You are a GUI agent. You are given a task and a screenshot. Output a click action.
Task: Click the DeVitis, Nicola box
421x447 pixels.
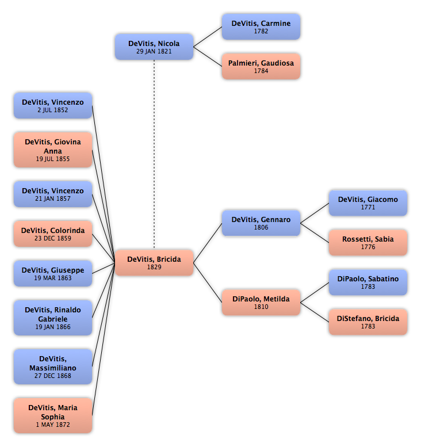(154, 47)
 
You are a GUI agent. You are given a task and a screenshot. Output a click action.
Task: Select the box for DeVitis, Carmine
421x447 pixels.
(261, 26)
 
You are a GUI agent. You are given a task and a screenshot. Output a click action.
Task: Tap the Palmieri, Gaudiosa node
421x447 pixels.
(261, 66)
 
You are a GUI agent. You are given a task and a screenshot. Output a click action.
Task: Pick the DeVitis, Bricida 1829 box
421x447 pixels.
(154, 262)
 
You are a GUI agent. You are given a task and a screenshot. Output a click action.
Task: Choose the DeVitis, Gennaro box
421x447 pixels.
(261, 223)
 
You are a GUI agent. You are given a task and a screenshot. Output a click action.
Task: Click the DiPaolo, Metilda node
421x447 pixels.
(261, 302)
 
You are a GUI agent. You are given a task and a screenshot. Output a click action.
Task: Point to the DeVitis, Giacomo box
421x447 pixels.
(368, 203)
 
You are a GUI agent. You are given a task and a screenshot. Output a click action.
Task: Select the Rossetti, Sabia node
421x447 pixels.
(368, 242)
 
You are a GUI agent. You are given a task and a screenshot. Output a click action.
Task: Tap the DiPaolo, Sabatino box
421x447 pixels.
(368, 282)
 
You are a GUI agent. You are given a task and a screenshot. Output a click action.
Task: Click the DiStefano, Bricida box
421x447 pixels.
(368, 322)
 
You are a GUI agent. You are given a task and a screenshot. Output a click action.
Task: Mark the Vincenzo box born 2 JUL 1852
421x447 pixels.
(53, 105)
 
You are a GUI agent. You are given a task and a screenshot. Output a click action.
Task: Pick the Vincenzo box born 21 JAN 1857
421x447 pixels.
(53, 194)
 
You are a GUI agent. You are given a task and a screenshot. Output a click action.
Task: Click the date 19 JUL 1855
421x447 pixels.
(53, 159)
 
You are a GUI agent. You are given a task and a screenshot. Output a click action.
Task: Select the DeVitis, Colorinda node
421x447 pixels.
(53, 234)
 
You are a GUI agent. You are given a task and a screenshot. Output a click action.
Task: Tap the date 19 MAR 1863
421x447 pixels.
(53, 278)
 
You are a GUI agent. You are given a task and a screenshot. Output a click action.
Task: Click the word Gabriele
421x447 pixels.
(53, 319)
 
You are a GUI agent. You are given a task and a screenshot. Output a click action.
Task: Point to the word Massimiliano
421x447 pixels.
(53, 368)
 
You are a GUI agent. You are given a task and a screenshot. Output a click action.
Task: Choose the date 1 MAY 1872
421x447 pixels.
(53, 425)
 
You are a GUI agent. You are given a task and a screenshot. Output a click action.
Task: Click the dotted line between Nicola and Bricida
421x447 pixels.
(154, 155)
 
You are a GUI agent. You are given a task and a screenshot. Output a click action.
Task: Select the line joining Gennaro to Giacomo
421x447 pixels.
(315, 213)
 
